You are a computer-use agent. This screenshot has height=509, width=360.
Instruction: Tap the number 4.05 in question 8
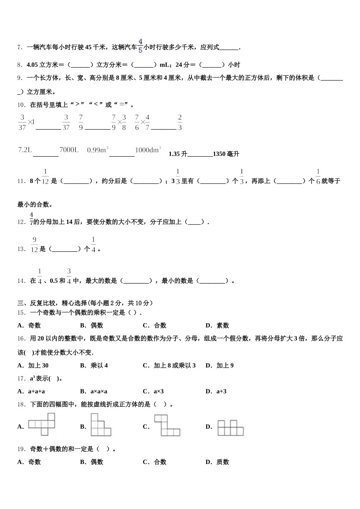(33, 65)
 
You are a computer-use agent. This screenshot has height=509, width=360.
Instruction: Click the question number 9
(20, 78)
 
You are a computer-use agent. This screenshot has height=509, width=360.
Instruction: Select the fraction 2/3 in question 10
(180, 122)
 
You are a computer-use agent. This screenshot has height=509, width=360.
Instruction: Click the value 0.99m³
(98, 150)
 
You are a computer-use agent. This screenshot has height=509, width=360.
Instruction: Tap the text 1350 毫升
(226, 154)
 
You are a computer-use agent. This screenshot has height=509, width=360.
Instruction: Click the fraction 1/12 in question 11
(45, 177)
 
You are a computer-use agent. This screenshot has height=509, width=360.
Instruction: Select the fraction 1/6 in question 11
(318, 177)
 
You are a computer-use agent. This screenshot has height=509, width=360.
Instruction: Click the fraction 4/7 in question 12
(31, 219)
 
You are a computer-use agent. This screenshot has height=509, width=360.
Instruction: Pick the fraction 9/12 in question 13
(34, 245)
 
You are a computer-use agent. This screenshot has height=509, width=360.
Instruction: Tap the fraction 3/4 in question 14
(69, 276)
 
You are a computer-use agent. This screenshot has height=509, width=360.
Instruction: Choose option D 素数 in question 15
(218, 325)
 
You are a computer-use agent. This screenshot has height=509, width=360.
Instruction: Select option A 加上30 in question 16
(33, 365)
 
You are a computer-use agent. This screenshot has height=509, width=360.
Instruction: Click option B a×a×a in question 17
(94, 391)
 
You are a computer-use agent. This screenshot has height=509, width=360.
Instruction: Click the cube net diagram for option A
(42, 424)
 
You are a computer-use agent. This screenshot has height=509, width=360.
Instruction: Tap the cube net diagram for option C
(166, 425)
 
